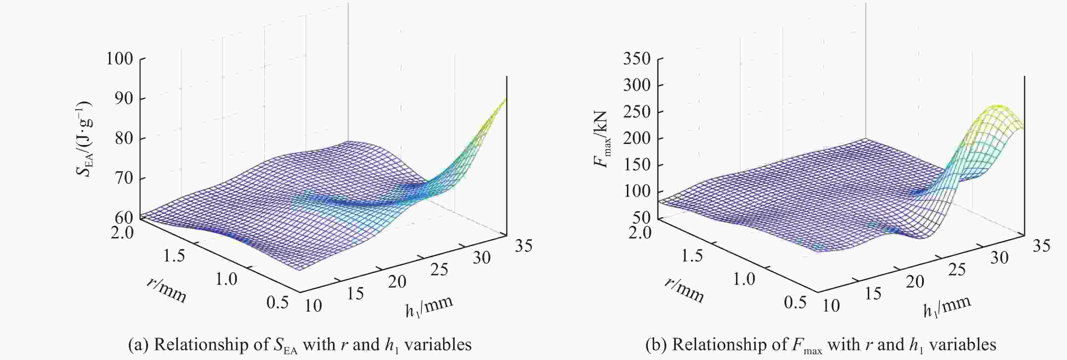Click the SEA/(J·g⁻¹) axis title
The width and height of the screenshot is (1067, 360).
pyautogui.click(x=84, y=139)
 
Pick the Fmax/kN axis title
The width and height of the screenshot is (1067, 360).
pyautogui.click(x=602, y=139)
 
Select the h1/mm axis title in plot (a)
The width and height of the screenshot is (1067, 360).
pyautogui.click(x=429, y=307)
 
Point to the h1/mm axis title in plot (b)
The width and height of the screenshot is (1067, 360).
pyautogui.click(x=947, y=307)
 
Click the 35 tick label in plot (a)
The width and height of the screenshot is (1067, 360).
pyautogui.click(x=523, y=246)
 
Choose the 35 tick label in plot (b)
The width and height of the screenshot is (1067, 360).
pyautogui.click(x=1041, y=246)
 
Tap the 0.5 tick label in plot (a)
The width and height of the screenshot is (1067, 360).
pyautogui.click(x=277, y=303)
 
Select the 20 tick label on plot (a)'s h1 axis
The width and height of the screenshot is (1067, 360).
pyautogui.click(x=397, y=282)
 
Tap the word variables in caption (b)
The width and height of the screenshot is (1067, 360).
pyautogui.click(x=963, y=345)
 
